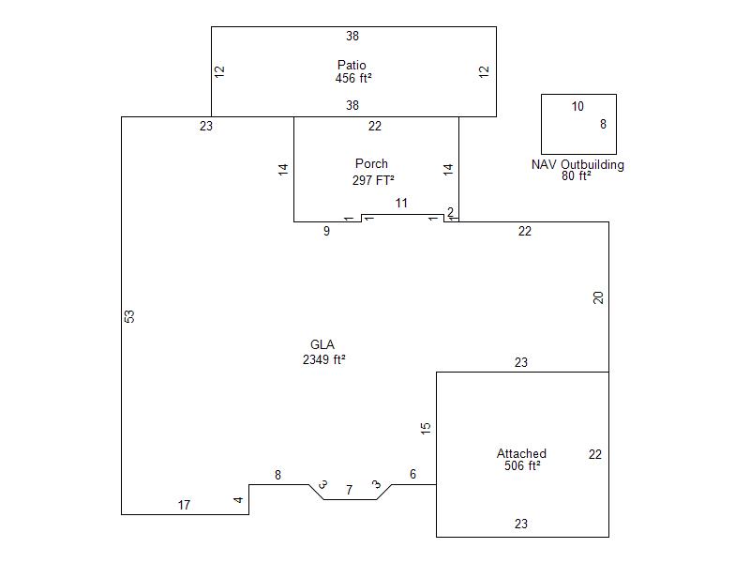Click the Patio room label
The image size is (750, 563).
pyautogui.click(x=352, y=65)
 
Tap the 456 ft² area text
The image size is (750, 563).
pyautogui.click(x=353, y=78)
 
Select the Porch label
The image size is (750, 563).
pyautogui.click(x=371, y=163)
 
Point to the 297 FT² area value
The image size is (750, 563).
pyautogui.click(x=373, y=180)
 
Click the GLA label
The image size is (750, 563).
pyautogui.click(x=322, y=344)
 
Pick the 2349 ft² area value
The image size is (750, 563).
pyautogui.click(x=323, y=359)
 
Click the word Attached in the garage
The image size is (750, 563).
pyautogui.click(x=521, y=453)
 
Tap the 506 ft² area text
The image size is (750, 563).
pyautogui.click(x=522, y=465)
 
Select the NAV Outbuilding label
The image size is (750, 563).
pyautogui.click(x=577, y=165)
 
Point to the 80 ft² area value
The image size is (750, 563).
pyautogui.click(x=577, y=176)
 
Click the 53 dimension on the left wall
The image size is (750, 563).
pyautogui.click(x=129, y=316)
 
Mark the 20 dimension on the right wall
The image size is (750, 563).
pyautogui.click(x=598, y=297)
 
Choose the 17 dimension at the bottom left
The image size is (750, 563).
pyautogui.click(x=184, y=505)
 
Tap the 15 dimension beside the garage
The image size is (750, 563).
pyautogui.click(x=426, y=428)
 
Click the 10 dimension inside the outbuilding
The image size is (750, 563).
pyautogui.click(x=577, y=106)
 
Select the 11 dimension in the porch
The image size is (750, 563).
pyautogui.click(x=401, y=203)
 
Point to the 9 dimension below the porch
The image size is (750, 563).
pyautogui.click(x=326, y=231)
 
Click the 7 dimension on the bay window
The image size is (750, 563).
pyautogui.click(x=349, y=490)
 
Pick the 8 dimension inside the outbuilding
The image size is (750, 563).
pyautogui.click(x=603, y=125)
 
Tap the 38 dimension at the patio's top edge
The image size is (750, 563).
pyautogui.click(x=352, y=36)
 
